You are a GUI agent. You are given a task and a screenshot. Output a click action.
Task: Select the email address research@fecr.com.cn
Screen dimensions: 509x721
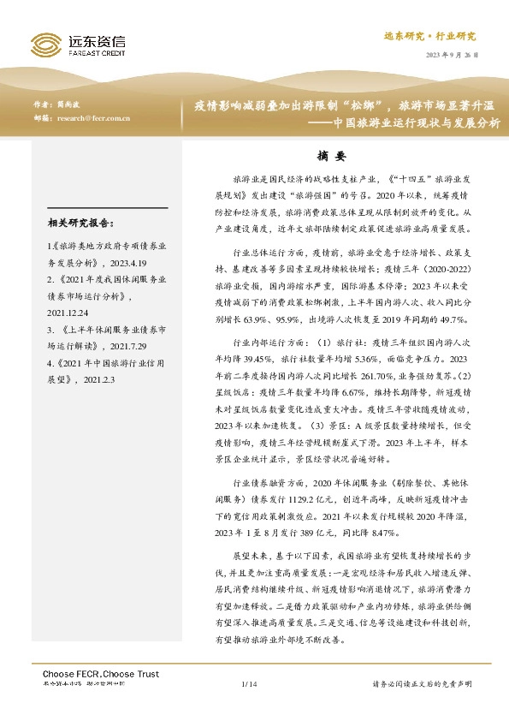pyautogui.click(x=93, y=119)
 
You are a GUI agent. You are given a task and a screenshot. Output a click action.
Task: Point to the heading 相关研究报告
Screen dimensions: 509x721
pyautogui.click(x=81, y=224)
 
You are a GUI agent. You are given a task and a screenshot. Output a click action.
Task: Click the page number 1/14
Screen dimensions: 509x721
pyautogui.click(x=249, y=683)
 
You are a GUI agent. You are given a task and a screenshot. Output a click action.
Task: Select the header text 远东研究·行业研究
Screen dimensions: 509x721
pyautogui.click(x=441, y=37)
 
